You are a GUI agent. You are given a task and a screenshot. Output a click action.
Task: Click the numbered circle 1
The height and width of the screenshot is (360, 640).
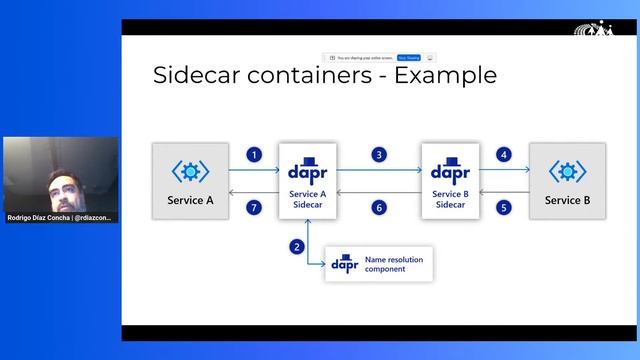pyautogui.click(x=255, y=155)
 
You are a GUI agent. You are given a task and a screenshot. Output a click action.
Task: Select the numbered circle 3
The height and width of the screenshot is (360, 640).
pyautogui.click(x=379, y=155)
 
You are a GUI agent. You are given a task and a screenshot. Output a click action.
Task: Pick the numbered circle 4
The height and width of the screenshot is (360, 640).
pyautogui.click(x=504, y=155)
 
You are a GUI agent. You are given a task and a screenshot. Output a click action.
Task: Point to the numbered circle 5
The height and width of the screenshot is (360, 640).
pyautogui.click(x=504, y=207)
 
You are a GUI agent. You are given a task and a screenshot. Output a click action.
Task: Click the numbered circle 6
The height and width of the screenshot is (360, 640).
pyautogui.click(x=379, y=207)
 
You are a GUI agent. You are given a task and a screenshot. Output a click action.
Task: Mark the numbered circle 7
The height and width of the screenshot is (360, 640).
pyautogui.click(x=255, y=207)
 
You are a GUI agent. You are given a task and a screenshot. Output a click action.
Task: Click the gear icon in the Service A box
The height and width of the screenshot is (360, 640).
pyautogui.click(x=189, y=171)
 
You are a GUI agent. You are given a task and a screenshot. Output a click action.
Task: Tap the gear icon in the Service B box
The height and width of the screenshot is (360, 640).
pyautogui.click(x=567, y=171)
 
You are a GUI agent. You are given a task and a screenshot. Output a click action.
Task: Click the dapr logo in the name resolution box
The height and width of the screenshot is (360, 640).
pyautogui.click(x=345, y=264)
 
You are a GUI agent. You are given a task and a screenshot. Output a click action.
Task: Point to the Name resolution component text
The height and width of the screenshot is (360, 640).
pyautogui.click(x=393, y=264)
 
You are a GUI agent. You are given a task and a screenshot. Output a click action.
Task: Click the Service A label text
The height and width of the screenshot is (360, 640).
pyautogui.click(x=189, y=200)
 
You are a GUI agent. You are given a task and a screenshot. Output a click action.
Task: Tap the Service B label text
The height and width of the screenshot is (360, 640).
pyautogui.click(x=567, y=200)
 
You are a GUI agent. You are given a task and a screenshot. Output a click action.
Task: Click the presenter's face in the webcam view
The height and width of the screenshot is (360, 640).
pyautogui.click(x=61, y=182)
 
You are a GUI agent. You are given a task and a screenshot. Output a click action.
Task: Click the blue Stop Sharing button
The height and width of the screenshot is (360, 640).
pyautogui.click(x=408, y=58)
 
